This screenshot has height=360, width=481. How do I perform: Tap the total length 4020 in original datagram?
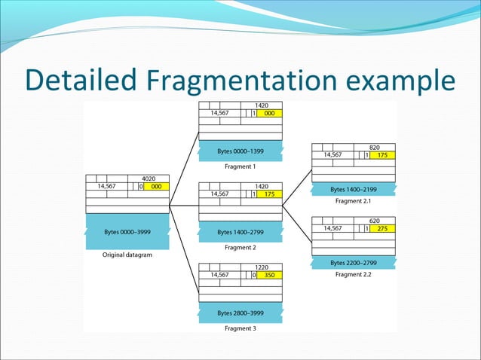[149, 178]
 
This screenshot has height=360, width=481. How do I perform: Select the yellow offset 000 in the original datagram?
[156, 185]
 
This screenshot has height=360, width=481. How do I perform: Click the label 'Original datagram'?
[127, 255]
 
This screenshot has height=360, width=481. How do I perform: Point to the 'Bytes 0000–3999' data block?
[127, 233]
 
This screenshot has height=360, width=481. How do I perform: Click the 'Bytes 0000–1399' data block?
[240, 151]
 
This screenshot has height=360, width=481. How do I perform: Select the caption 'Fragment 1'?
[240, 166]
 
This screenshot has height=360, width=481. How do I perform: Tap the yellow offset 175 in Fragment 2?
[269, 194]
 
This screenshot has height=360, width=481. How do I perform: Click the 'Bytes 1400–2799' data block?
[240, 233]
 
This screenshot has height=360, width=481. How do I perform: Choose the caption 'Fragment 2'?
[240, 247]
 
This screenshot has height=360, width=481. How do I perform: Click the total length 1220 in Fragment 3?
[262, 267]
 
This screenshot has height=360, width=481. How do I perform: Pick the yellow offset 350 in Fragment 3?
[269, 276]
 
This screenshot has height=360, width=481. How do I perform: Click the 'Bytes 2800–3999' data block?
[240, 313]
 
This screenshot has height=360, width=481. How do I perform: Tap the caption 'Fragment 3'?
[240, 328]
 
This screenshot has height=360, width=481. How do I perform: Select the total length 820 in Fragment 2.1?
[375, 147]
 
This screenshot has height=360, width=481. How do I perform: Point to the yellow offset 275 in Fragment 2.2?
[382, 228]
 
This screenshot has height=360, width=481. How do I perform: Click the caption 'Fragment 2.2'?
[354, 274]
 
